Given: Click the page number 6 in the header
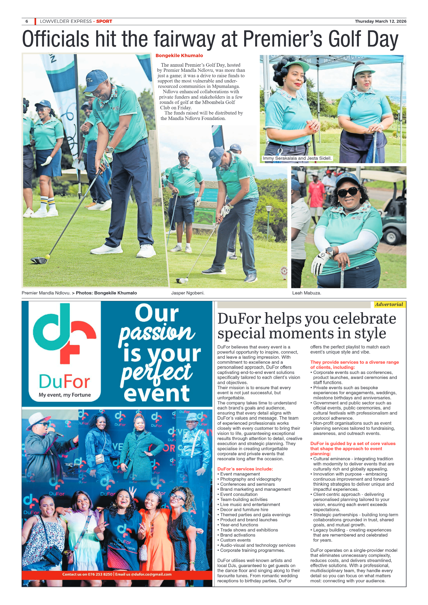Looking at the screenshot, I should point(27,21).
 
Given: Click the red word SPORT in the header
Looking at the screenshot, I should point(104,21).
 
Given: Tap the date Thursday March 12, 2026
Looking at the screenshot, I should point(380,21).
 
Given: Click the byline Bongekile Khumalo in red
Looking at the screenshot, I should point(179,55).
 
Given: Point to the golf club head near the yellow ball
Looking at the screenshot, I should point(39,260).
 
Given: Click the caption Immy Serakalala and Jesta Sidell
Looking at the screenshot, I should point(297,158).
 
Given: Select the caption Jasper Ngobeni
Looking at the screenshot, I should point(188,293).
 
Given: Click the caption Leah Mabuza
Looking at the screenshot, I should point(307,293).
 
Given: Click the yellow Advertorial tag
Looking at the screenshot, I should point(389,304).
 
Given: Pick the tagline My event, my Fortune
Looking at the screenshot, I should point(65,395).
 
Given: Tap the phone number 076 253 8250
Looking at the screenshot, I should point(100,574).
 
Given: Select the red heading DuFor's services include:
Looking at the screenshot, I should point(245,469).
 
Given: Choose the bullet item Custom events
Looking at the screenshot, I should point(235,540).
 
